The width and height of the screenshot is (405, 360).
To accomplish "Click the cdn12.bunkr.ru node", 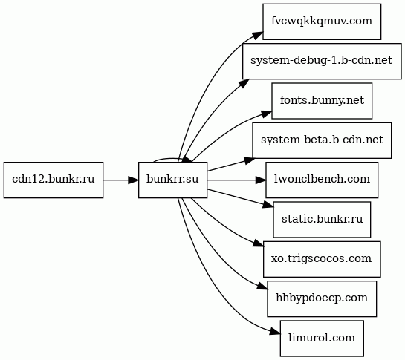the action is (x=54, y=180).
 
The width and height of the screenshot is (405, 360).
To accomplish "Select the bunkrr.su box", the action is (x=172, y=180).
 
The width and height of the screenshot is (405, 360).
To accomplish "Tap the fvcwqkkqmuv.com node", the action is (x=322, y=22).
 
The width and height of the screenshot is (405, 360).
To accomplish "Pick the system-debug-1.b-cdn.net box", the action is (x=322, y=61).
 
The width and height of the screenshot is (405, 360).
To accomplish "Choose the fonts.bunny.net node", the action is (x=322, y=101).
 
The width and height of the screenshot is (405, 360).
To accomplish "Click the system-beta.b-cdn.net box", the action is (x=322, y=140).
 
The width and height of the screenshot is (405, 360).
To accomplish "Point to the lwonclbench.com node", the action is (x=322, y=180).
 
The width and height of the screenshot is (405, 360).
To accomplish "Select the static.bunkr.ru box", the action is (x=322, y=220).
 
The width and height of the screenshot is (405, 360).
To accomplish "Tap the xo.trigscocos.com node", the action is (x=322, y=259).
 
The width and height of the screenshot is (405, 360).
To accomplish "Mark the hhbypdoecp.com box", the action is (x=322, y=299).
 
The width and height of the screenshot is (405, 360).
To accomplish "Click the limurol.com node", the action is (x=322, y=338).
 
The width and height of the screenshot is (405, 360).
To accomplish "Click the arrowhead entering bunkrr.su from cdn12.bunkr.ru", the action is (x=134, y=180).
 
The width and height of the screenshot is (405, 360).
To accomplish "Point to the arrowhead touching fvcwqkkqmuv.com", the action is (x=259, y=36).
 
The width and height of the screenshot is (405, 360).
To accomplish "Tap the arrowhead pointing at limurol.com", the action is (x=276, y=332).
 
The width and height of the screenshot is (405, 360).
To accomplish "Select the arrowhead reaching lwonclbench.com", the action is (x=261, y=180).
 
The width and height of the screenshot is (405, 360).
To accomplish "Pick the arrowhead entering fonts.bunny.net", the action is (x=267, y=114).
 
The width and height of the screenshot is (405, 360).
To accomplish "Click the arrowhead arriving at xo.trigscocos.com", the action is (x=259, y=244).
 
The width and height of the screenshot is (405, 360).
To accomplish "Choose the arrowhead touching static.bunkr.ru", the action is (x=268, y=205).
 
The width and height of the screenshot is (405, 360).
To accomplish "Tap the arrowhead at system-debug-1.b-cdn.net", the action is (x=244, y=83).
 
